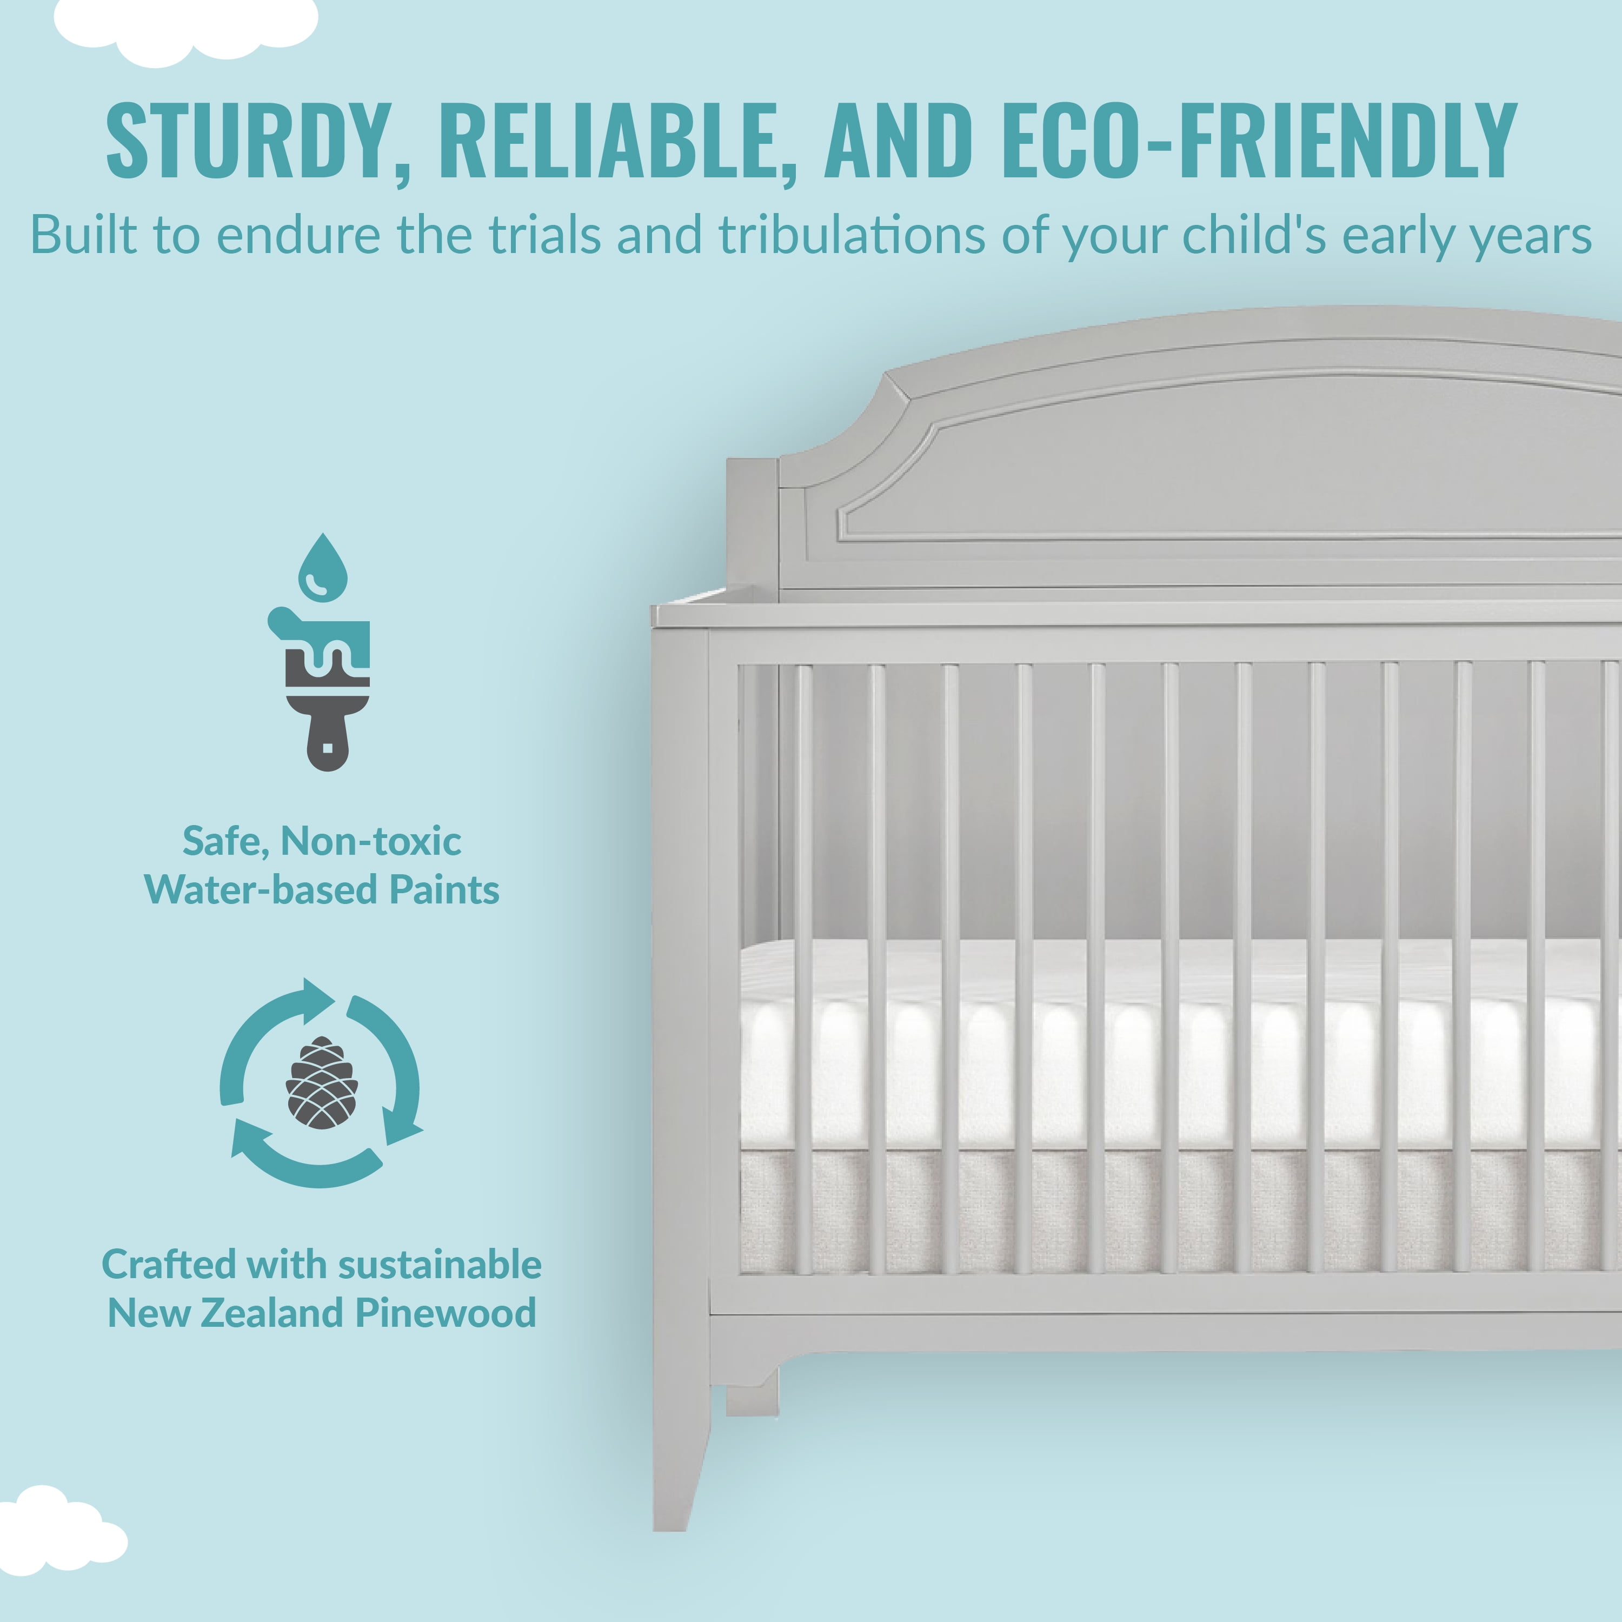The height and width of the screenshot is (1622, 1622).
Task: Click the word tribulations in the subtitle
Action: (852, 235)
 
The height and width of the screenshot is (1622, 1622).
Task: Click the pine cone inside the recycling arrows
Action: (322, 1082)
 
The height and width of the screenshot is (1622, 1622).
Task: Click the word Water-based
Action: (261, 890)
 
